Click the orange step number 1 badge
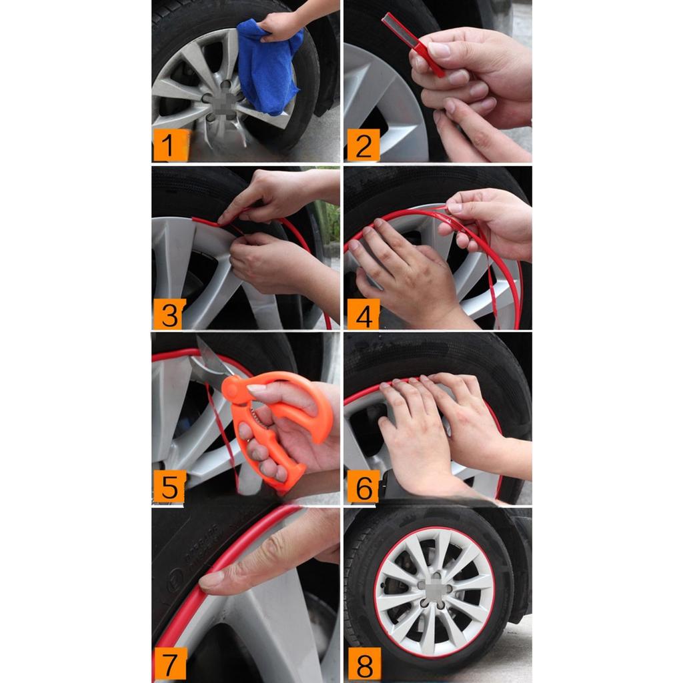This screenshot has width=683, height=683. click(x=169, y=145)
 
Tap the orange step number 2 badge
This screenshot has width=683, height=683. click(x=362, y=145)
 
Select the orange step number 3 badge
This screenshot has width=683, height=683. click(x=169, y=314)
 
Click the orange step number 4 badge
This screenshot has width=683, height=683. click(x=362, y=314)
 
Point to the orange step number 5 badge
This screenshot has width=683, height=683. click(x=169, y=487)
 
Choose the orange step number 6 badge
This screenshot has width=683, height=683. click(x=362, y=487)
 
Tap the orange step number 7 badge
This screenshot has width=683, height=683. click(x=169, y=664)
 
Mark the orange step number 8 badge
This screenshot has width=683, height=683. click(x=362, y=664)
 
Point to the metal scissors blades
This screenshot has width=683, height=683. click(x=212, y=360)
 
